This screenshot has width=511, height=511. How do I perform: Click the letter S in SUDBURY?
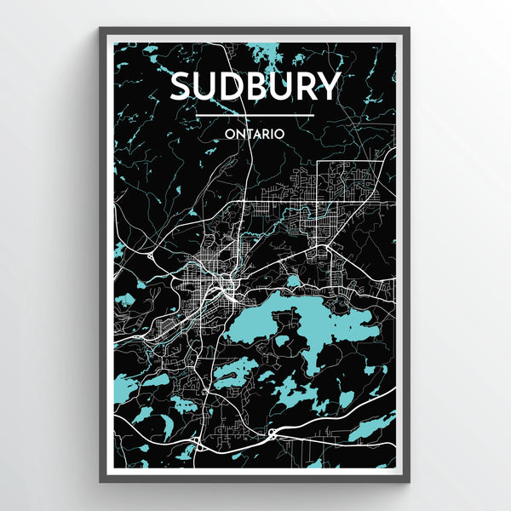point(182,87)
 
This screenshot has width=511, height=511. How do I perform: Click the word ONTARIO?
point(255,133)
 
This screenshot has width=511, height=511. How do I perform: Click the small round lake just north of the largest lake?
point(293,280)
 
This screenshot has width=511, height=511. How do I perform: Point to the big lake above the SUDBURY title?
point(271,53)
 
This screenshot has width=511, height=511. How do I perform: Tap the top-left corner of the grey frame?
point(100,29)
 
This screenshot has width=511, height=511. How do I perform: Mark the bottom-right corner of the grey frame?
point(409,481)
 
